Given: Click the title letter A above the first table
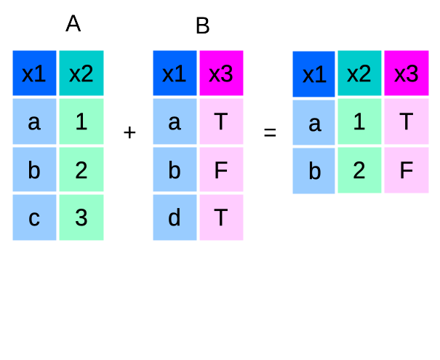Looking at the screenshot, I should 73,24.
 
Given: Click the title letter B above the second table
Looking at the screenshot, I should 202,27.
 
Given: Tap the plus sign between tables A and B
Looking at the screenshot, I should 130,132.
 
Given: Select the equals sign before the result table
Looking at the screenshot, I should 270,133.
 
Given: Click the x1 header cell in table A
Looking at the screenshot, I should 34,73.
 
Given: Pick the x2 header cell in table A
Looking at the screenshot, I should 81,73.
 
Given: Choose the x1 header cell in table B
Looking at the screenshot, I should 175,73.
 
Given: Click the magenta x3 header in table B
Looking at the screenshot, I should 221,73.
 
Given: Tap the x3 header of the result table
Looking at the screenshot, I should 407,74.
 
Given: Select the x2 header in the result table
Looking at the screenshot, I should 360,74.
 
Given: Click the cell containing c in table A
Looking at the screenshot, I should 34,217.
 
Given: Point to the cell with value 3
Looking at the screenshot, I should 81,217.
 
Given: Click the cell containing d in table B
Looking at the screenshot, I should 175,217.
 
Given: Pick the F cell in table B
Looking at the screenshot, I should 221,169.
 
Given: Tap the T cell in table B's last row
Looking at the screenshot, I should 221,217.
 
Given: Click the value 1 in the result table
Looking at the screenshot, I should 360,122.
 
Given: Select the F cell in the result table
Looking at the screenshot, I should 407,170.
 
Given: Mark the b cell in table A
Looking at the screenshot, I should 34,169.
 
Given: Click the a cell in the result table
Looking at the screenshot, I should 314,122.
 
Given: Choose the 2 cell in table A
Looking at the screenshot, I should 81,169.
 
